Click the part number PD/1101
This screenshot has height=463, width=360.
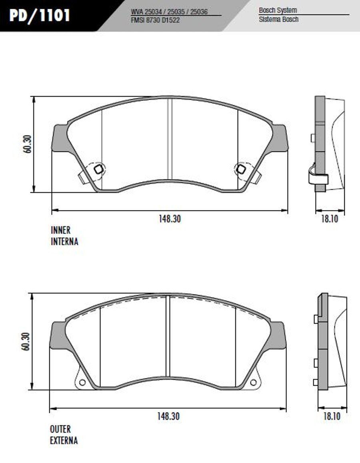point(39,15)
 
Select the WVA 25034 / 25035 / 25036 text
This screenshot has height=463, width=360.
point(169,12)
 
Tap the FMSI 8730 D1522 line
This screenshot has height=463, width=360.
point(155,20)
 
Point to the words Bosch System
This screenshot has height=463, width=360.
point(278,10)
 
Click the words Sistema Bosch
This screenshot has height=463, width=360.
point(278,20)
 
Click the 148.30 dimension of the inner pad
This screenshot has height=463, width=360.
point(170,219)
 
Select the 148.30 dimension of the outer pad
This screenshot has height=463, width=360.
point(168,416)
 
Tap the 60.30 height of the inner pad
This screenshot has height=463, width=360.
point(28,144)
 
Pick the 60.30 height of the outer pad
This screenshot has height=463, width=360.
point(26,342)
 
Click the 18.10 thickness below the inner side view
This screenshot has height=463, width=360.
point(330,219)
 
